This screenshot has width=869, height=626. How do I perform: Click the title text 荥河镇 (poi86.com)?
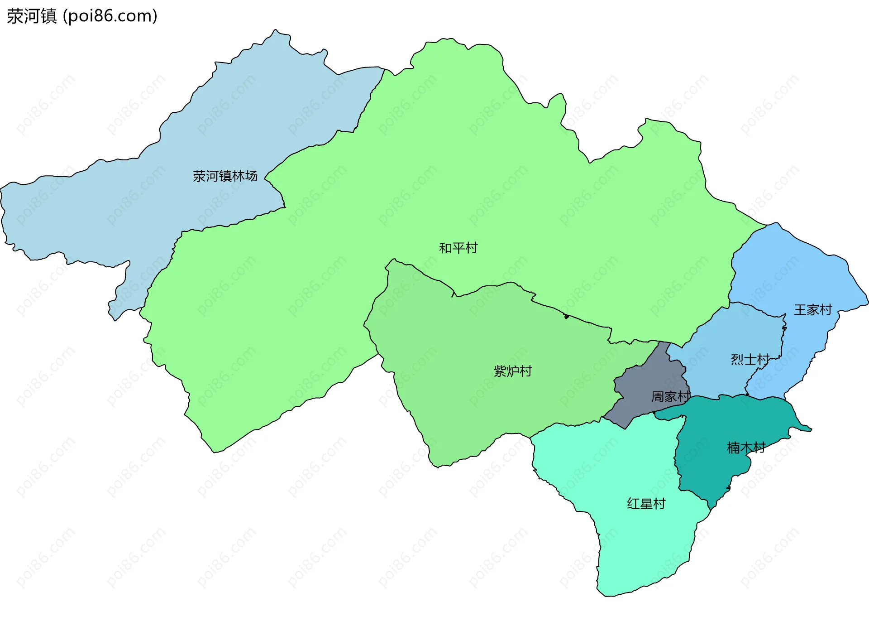[x=82, y=16]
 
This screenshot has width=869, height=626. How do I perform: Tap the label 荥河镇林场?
[x=225, y=176]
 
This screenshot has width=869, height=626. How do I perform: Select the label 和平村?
[x=458, y=248]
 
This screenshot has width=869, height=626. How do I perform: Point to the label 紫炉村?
[x=512, y=371]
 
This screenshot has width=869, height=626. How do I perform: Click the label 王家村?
[x=813, y=310]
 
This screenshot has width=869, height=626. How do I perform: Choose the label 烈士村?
[x=750, y=360]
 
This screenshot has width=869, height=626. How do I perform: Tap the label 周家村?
[x=670, y=397]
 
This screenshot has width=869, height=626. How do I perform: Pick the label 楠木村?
[x=746, y=448]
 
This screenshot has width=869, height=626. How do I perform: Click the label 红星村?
[x=646, y=504]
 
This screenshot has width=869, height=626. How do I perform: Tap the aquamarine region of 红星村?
[x=634, y=544]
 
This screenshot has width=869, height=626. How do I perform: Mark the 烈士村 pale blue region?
[x=733, y=335]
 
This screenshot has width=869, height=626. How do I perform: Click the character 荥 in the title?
[x=14, y=16]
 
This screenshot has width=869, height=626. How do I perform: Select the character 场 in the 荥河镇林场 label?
[x=251, y=176]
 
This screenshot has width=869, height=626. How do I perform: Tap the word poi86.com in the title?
[x=110, y=16]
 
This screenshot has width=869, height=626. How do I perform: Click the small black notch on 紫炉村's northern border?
[x=566, y=316]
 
